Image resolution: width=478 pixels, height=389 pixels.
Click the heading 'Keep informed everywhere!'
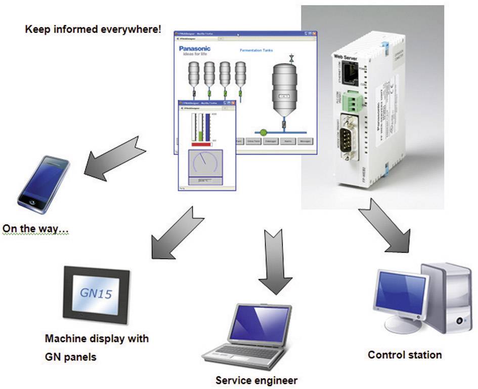pos(93,29)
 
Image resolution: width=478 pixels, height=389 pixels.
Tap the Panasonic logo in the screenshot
pos(195,49)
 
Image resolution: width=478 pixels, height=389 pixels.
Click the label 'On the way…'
pos(36,228)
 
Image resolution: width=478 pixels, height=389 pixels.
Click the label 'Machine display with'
pos(97,338)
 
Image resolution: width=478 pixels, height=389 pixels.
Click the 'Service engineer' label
pos(256,380)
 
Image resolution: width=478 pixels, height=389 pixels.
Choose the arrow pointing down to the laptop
pos(275,261)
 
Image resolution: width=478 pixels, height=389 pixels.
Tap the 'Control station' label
pos(405,355)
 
